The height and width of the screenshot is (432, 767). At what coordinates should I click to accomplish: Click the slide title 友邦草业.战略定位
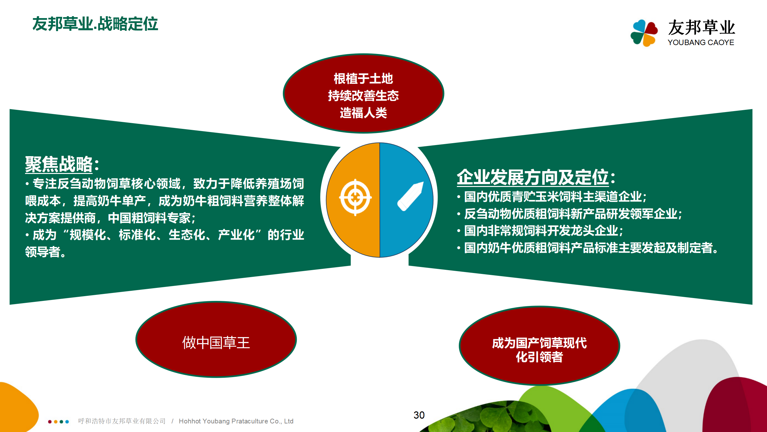pos(95,24)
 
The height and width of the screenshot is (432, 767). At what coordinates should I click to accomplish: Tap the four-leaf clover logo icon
pos(644,33)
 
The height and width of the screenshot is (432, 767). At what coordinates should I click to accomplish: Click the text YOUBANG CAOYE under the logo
pos(701,43)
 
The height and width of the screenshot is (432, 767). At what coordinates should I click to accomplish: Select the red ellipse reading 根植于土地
pos(363,93)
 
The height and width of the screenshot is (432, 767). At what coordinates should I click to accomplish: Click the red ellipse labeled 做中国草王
pos(216,339)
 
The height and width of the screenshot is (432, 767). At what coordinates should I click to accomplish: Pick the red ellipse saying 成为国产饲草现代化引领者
pos(539,346)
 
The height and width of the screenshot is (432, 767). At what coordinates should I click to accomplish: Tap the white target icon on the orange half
pos(355,197)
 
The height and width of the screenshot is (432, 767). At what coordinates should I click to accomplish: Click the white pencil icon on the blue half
pos(411,196)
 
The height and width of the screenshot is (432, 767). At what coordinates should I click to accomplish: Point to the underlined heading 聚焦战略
pos(59,164)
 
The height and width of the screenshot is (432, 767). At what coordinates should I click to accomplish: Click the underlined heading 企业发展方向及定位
pos(533,177)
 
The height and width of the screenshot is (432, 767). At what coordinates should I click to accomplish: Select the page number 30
pos(419,415)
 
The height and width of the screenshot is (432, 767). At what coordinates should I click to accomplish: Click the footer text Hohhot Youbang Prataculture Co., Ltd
pos(236,421)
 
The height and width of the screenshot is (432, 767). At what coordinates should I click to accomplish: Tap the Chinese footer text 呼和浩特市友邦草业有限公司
pos(122,421)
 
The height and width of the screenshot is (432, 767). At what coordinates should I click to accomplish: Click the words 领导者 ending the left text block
pos(43,252)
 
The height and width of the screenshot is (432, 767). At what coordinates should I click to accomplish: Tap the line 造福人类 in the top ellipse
pos(363,113)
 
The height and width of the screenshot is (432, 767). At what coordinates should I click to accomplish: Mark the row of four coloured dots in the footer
pos(58,422)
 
